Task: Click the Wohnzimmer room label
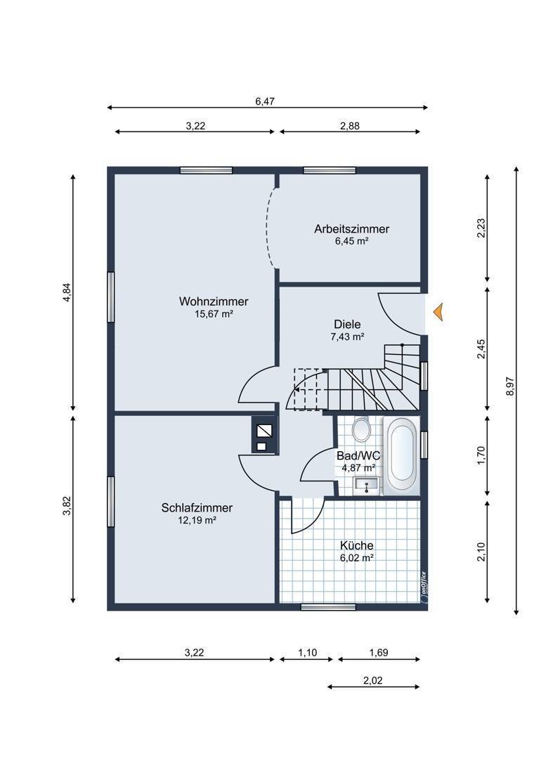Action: coord(214,301)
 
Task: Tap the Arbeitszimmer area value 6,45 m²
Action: coord(352,241)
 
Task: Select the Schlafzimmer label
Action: coord(197,508)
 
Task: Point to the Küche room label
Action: coord(356,546)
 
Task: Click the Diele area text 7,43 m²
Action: coord(347,337)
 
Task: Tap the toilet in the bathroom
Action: coord(361,429)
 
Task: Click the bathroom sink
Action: coord(367,486)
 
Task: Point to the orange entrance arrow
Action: coord(438,312)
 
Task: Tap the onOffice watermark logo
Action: coord(423,587)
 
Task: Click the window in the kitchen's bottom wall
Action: coord(321,607)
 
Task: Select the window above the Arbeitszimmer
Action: coord(330,171)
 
